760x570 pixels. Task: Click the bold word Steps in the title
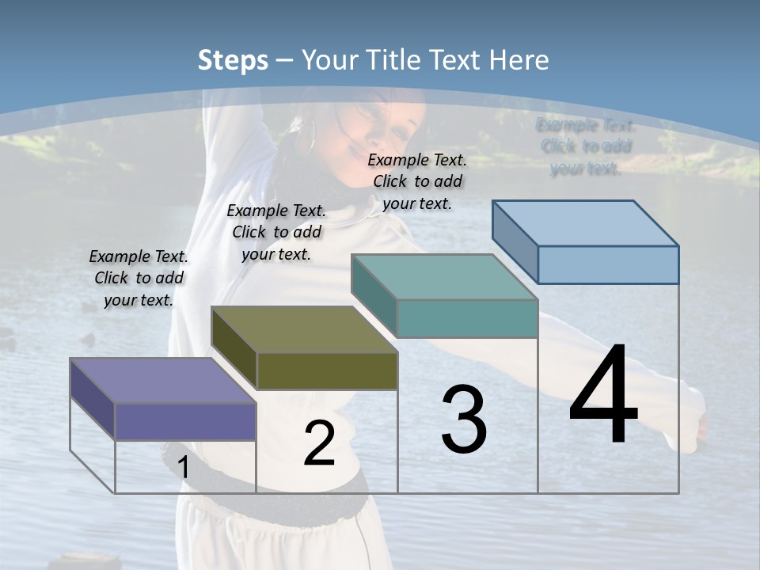(233, 60)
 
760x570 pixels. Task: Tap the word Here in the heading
(519, 60)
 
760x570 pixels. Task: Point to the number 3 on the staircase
(464, 420)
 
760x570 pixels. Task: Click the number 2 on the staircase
(319, 444)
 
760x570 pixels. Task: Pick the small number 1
(183, 468)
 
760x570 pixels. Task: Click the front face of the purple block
(185, 421)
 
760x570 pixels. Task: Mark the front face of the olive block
(327, 370)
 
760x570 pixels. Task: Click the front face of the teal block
(467, 318)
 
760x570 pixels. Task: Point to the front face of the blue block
(608, 264)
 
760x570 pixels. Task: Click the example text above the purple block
(139, 278)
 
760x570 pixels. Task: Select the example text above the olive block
(276, 232)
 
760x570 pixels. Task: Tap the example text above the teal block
(417, 181)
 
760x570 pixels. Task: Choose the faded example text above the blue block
(586, 146)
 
